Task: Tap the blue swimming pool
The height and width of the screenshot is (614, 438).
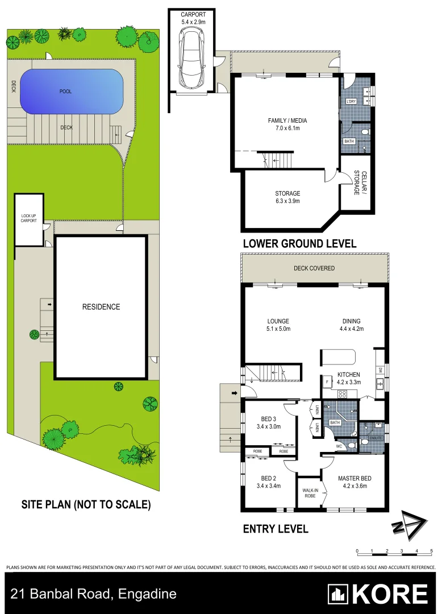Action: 72,91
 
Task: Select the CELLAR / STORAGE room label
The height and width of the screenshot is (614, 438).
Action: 357,182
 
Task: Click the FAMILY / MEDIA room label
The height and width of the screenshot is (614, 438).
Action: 283,121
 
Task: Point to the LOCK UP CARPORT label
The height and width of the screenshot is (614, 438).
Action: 28,218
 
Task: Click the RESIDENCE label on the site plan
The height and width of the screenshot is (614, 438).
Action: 101,307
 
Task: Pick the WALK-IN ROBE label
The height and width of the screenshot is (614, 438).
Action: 309,492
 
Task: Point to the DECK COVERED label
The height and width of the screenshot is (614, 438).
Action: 314,268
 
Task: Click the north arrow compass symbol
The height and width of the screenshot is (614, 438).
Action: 408,525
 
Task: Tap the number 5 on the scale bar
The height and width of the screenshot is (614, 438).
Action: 432,551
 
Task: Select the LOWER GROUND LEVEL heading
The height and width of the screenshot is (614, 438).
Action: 299,243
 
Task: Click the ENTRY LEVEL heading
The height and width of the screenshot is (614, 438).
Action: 276,529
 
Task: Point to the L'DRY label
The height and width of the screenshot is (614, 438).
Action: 351,101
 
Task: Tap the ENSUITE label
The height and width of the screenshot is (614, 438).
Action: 374,438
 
